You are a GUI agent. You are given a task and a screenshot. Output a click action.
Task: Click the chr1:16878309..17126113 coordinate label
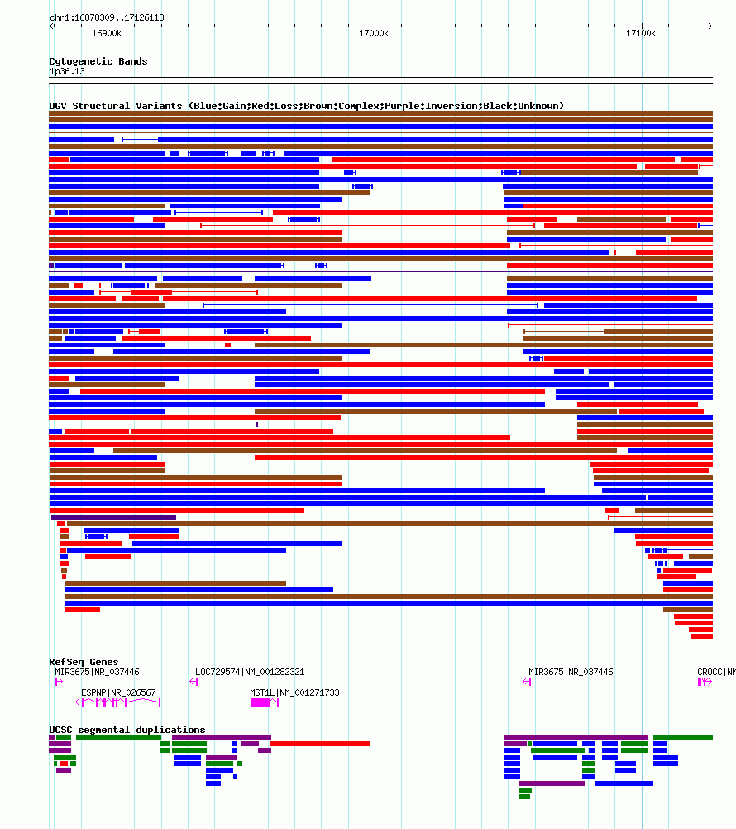tap(107, 17)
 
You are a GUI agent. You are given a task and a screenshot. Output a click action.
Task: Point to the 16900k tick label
tap(107, 33)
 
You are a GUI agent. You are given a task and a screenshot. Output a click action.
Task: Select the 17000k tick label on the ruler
tap(374, 33)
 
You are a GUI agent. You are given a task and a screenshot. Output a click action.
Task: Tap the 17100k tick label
tap(641, 33)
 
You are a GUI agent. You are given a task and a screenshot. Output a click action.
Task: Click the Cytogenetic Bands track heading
tap(98, 61)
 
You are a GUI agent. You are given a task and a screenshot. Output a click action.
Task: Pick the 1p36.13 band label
tap(67, 71)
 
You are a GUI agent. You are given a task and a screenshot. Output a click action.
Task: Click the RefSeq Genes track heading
tap(84, 662)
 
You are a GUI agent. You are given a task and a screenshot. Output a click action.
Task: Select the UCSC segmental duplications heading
tap(127, 730)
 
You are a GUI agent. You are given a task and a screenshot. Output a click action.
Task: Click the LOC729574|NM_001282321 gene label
tap(250, 672)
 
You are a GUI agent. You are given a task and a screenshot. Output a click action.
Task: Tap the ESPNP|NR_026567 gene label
tap(118, 692)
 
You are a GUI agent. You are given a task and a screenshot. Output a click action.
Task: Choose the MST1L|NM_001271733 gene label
tap(294, 692)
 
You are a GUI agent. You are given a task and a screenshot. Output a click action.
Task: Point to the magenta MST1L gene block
tap(260, 702)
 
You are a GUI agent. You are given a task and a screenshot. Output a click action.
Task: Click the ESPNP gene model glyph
tap(118, 702)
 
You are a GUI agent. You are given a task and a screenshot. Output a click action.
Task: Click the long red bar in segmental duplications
tap(320, 744)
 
